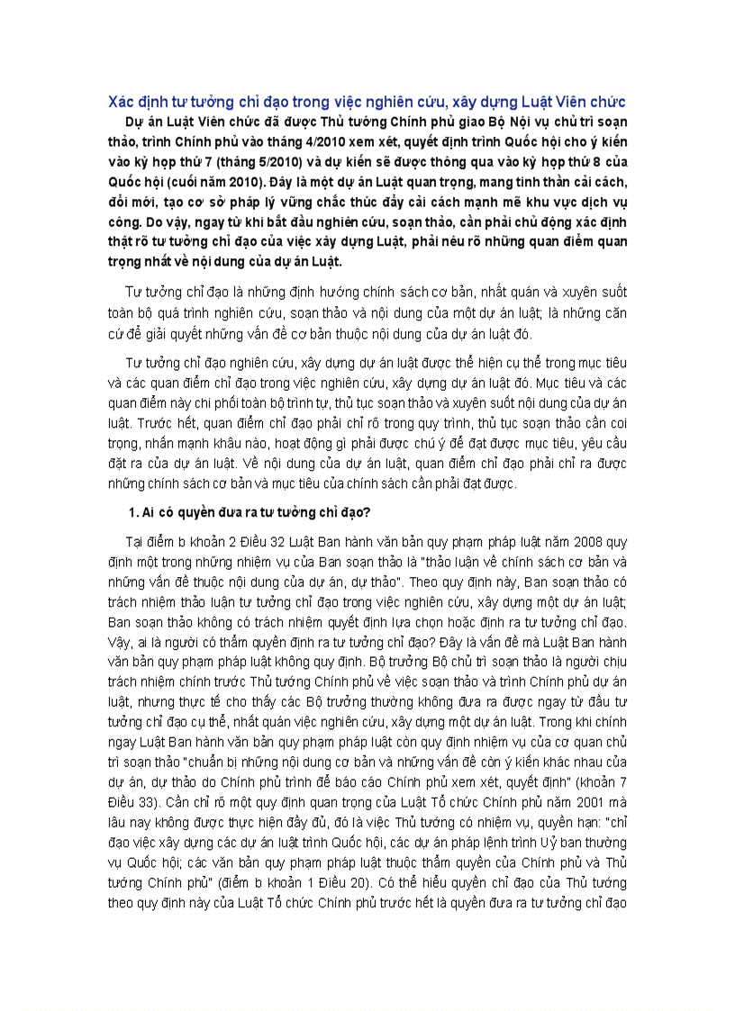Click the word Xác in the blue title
[x=121, y=102]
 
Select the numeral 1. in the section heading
[x=135, y=513]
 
